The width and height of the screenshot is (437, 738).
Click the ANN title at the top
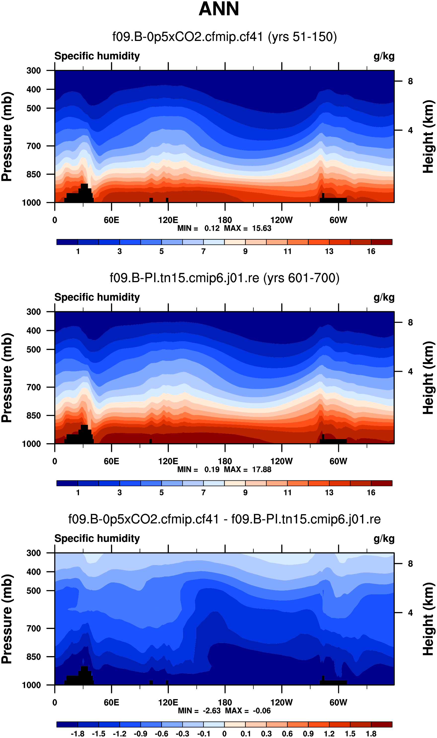(x=218, y=9)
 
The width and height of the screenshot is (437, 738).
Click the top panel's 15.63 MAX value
(x=261, y=228)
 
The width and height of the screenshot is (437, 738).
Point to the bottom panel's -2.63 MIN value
(x=212, y=711)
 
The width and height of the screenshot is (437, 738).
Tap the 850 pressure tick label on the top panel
(x=34, y=174)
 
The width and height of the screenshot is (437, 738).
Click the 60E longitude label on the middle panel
(x=111, y=461)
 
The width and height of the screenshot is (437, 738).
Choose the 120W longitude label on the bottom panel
(x=282, y=703)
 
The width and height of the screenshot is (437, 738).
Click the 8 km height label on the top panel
(x=410, y=81)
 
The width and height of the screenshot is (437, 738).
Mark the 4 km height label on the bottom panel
(x=410, y=613)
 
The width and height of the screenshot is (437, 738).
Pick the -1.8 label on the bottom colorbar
(x=77, y=734)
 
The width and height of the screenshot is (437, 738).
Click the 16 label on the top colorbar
(x=371, y=251)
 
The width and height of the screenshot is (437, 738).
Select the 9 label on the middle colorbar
(x=245, y=493)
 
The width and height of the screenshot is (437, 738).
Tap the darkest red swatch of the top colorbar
(x=382, y=242)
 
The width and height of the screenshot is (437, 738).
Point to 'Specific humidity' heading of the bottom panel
(x=97, y=538)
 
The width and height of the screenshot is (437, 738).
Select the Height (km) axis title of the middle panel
(x=429, y=378)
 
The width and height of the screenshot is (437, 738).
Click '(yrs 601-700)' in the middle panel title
(x=301, y=278)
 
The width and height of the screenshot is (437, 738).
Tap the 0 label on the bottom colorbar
(x=224, y=734)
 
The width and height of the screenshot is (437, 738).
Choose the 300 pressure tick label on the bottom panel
(x=34, y=553)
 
